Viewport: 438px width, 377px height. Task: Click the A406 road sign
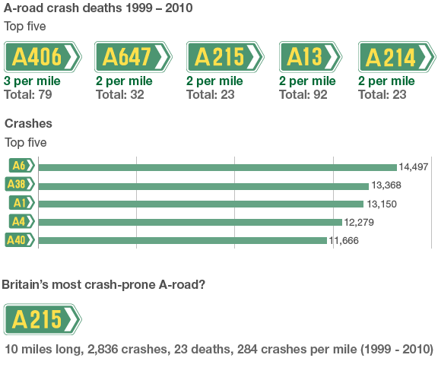(x=43, y=57)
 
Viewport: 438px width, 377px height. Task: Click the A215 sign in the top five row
(x=225, y=57)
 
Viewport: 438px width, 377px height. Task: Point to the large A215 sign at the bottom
(x=43, y=319)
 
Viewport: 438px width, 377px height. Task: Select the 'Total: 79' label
(x=29, y=95)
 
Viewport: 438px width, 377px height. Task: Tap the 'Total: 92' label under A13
(x=303, y=95)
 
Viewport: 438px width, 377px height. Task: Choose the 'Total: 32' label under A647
(x=120, y=95)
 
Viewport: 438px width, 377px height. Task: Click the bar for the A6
(x=217, y=167)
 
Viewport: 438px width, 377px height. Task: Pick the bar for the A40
(x=182, y=240)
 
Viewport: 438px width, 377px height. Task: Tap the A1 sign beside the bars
(x=21, y=203)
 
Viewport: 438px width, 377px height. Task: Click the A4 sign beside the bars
(x=21, y=221)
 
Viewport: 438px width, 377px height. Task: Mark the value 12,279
(x=363, y=222)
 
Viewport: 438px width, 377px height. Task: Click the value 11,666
(x=344, y=240)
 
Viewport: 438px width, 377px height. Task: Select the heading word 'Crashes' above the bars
(x=28, y=122)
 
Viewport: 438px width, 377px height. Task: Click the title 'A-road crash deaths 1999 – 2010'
(x=98, y=9)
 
